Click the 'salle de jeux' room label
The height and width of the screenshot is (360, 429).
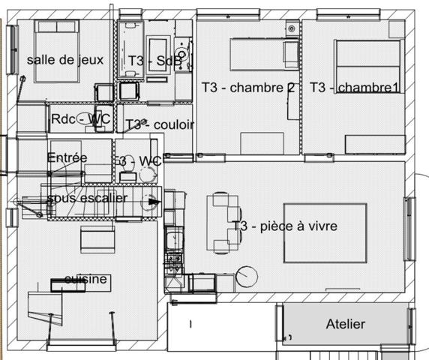pyautogui.click(x=64, y=60)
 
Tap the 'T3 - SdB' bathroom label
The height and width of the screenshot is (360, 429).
pyautogui.click(x=154, y=61)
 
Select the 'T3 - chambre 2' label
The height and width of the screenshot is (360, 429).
pyautogui.click(x=247, y=88)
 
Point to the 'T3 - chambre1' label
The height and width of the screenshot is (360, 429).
pyautogui.click(x=354, y=88)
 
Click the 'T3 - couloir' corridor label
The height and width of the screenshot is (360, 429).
pyautogui.click(x=160, y=124)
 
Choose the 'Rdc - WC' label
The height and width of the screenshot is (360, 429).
pyautogui.click(x=80, y=119)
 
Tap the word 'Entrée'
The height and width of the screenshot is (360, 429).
pyautogui.click(x=67, y=157)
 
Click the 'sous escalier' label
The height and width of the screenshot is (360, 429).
pyautogui.click(x=86, y=197)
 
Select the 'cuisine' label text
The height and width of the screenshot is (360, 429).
pyautogui.click(x=86, y=280)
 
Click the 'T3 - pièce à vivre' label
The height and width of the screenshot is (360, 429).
pyautogui.click(x=284, y=226)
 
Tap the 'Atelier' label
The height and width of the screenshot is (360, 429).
pyautogui.click(x=345, y=324)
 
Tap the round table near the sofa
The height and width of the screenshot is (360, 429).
pyautogui.click(x=247, y=274)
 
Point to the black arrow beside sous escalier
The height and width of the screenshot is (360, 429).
pyautogui.click(x=153, y=201)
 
